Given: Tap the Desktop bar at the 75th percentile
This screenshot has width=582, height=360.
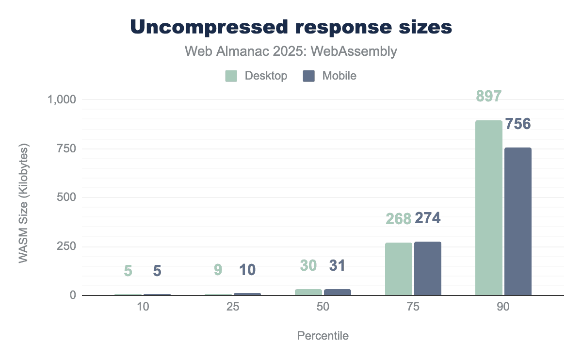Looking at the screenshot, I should click(399, 269).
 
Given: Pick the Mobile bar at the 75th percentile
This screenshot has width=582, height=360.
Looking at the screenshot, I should click(428, 268).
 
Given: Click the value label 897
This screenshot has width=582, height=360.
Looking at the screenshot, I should click(488, 97).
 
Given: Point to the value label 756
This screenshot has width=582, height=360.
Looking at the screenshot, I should click(518, 124).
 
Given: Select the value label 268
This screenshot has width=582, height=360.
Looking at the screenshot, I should click(399, 219).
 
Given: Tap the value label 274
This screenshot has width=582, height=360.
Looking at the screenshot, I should click(428, 218).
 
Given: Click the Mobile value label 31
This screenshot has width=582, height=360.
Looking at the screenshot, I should click(338, 265).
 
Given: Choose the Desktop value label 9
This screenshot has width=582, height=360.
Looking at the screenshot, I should click(218, 270).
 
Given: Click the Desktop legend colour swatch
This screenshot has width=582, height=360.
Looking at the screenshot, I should click(231, 76).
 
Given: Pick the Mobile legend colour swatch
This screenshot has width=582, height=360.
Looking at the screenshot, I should click(309, 76).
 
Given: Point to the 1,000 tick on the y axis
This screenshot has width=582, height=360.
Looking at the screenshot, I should click(63, 99).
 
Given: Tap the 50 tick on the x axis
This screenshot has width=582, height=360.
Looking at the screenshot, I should click(323, 307).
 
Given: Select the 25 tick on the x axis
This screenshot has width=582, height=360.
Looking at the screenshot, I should click(233, 307).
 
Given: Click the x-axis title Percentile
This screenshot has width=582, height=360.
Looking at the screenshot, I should click(323, 336).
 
